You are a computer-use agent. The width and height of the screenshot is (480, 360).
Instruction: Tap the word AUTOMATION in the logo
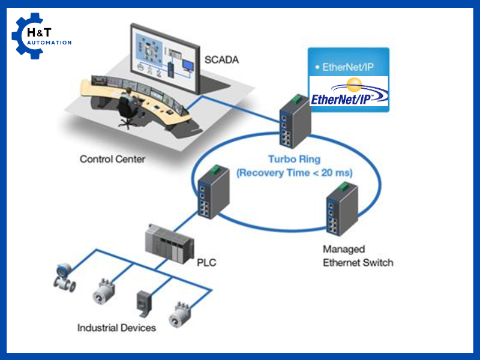point(49,43)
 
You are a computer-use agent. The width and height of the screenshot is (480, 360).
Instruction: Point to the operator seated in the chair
point(127,103)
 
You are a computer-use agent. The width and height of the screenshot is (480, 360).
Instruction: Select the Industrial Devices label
point(116,328)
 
